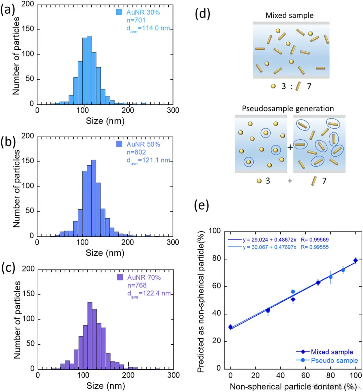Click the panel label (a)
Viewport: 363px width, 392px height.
click(7, 10)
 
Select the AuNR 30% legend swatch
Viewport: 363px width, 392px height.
click(119, 12)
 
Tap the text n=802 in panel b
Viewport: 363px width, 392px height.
click(136, 152)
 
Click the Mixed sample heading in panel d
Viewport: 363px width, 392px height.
click(289, 15)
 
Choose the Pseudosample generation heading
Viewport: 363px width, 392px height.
click(288, 108)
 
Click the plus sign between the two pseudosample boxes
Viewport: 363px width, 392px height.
click(290, 147)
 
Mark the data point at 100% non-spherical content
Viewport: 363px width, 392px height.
click(356, 260)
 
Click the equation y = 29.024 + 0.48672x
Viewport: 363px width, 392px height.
click(269, 240)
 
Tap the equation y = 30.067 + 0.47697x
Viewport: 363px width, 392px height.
click(269, 247)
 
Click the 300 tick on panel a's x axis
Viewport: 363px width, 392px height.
click(173, 110)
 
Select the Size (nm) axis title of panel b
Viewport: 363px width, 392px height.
click(105, 253)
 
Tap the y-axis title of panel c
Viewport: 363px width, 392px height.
click(17, 320)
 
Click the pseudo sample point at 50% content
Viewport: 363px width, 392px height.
click(293, 292)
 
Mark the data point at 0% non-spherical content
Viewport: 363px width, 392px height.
click(230, 327)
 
